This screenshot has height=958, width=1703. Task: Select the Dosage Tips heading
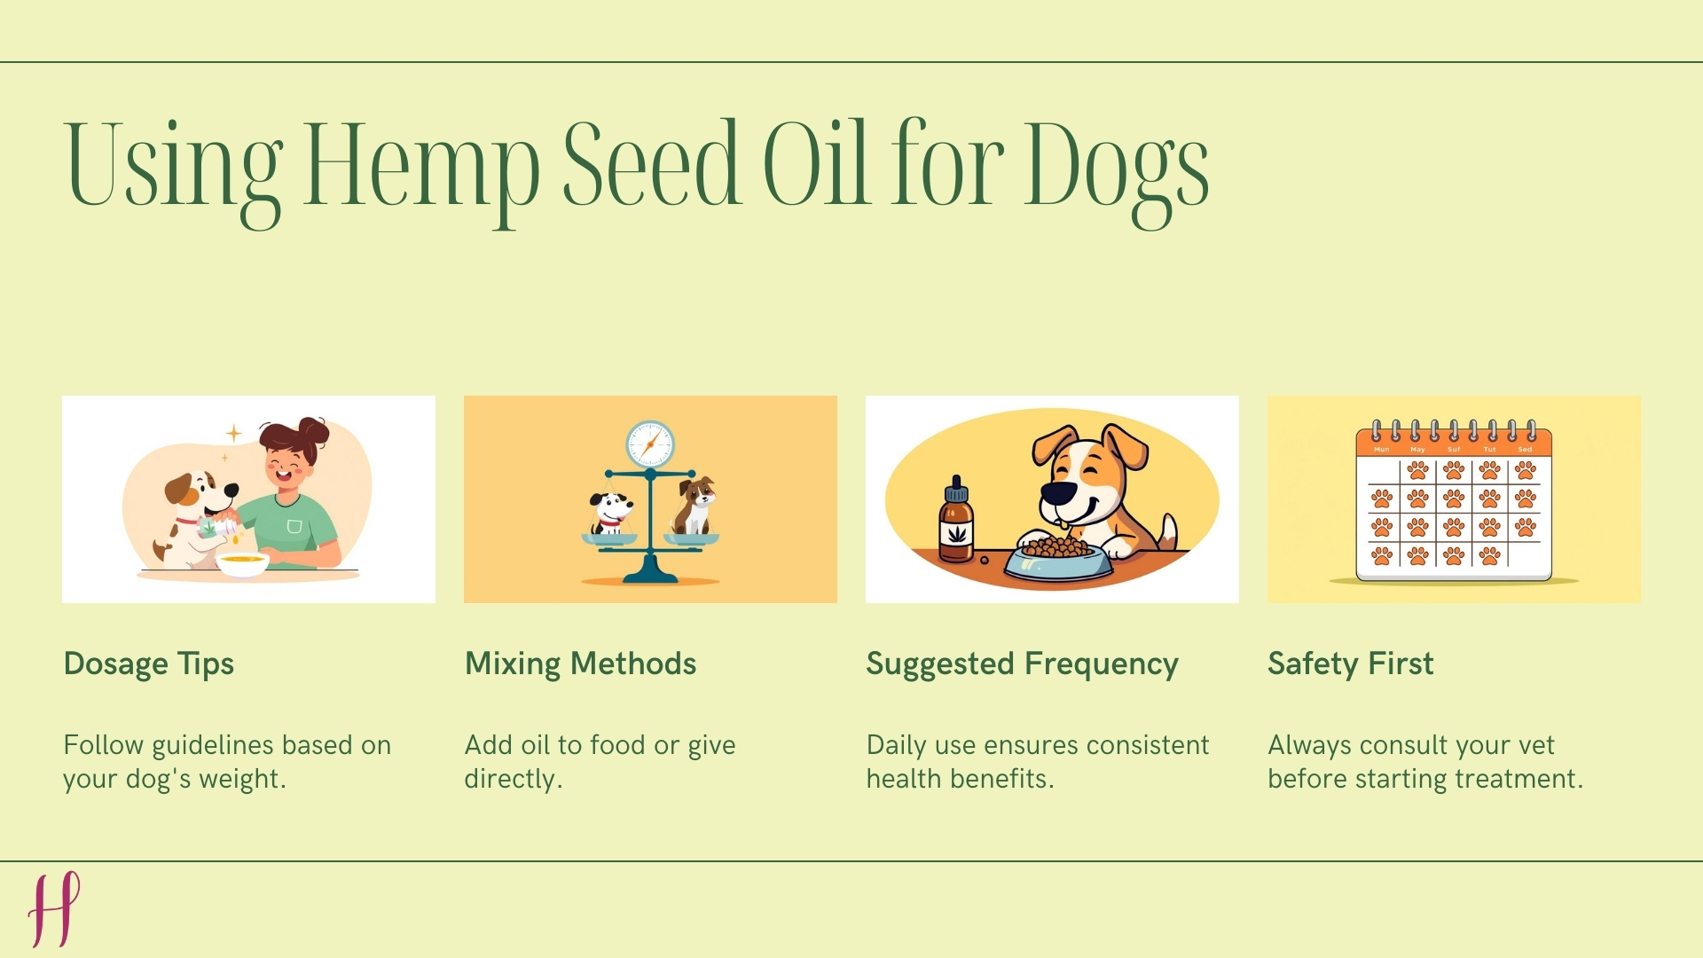[149, 664]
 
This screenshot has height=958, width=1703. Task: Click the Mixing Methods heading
[580, 664]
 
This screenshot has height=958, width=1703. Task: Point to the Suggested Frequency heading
[1022, 664]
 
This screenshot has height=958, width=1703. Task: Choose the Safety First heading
[1350, 664]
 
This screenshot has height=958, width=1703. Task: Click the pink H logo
[54, 908]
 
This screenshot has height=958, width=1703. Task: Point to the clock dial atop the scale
[650, 444]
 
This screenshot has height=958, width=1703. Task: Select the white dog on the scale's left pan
[609, 514]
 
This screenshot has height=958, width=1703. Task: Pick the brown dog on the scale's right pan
[695, 506]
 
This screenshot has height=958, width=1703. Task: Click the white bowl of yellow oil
[242, 562]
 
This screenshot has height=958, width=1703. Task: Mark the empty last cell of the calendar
[1526, 556]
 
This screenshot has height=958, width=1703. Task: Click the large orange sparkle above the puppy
[233, 433]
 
